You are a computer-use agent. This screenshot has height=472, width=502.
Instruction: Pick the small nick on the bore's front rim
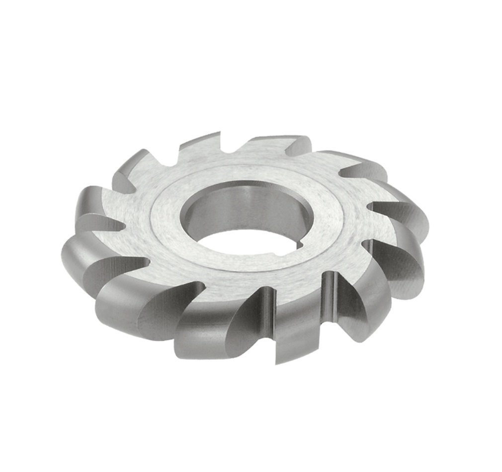[271, 256]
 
